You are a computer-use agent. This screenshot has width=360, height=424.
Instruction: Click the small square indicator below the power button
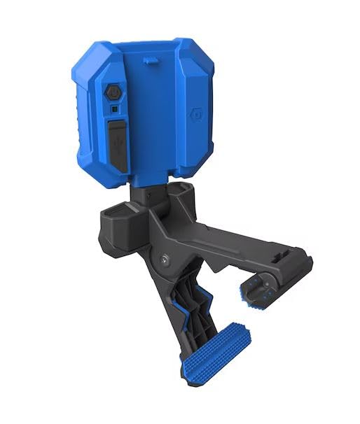113,109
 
